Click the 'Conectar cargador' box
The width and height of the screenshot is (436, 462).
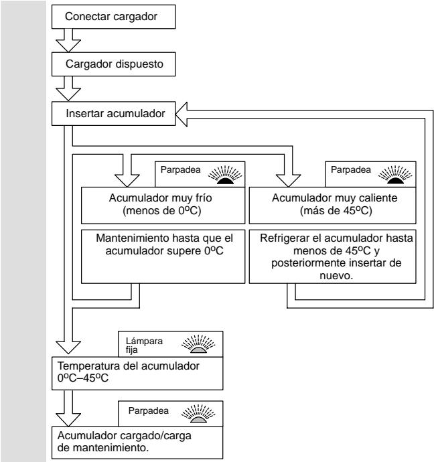pos(113,17)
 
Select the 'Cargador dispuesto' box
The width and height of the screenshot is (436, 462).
pos(113,64)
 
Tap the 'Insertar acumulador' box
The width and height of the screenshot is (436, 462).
pos(113,114)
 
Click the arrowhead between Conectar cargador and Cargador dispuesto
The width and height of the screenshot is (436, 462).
pos(68,46)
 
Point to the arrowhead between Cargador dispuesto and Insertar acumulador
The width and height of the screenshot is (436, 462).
pos(68,94)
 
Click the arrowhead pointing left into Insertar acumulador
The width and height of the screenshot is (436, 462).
pos(181,114)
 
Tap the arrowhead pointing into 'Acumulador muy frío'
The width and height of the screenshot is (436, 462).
pos(127,181)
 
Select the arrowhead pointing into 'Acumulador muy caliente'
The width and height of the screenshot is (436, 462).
pos(288,181)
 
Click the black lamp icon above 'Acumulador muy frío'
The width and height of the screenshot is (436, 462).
pos(225,175)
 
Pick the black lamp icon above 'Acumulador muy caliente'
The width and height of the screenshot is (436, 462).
pos(395,175)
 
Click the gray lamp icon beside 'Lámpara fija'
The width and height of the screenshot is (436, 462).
pos(198,344)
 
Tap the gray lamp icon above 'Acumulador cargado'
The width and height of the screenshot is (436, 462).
pos(198,414)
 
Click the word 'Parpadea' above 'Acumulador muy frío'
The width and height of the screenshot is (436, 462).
pos(180,169)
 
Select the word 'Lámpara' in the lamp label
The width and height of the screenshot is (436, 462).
pos(144,341)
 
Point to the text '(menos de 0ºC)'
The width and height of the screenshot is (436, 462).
pos(162,211)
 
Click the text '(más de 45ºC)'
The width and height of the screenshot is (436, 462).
pos(336,211)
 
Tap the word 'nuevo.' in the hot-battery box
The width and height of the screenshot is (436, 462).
pos(336,276)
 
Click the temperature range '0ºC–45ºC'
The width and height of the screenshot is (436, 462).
pos(83,378)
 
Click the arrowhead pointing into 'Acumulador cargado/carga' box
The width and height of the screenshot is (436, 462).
pos(68,420)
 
